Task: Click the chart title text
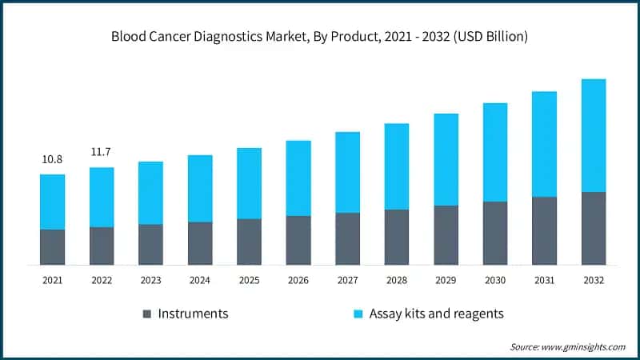click(320, 37)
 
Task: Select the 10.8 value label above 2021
click(52, 160)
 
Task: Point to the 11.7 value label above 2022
click(102, 151)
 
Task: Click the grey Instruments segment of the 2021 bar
click(52, 247)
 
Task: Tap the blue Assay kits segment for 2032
click(593, 135)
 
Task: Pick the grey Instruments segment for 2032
click(593, 228)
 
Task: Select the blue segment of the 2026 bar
click(298, 178)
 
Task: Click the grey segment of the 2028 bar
click(397, 237)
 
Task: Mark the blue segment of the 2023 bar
click(150, 193)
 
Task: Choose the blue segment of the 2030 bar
click(494, 152)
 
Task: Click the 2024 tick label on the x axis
click(199, 281)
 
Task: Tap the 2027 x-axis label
click(347, 281)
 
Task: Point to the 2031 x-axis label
click(544, 281)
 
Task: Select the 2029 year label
click(446, 281)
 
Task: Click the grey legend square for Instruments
click(146, 314)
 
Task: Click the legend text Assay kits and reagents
click(436, 314)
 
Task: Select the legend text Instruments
click(193, 314)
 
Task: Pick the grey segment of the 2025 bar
click(249, 242)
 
